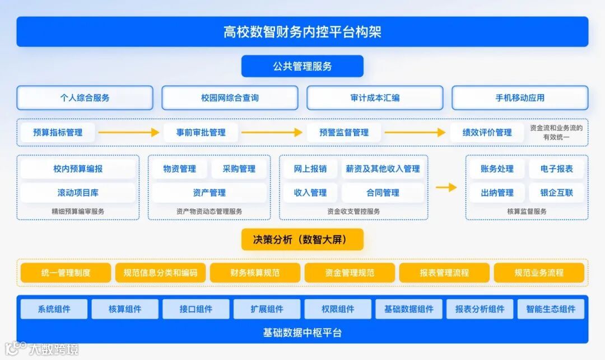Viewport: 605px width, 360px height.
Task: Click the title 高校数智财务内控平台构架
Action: pyautogui.click(x=302, y=31)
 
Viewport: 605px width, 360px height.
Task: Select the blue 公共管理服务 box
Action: pyautogui.click(x=302, y=66)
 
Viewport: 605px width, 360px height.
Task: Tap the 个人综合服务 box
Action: pyautogui.click(x=85, y=97)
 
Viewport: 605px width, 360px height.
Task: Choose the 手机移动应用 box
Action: pyautogui.click(x=520, y=97)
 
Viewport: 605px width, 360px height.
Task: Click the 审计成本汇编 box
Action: pyautogui.click(x=375, y=97)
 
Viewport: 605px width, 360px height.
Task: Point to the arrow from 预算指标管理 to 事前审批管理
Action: pyautogui.click(x=129, y=133)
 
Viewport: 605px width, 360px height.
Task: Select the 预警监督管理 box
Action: pyautogui.click(x=344, y=133)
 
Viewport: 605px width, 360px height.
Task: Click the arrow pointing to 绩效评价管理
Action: pyautogui.click(x=415, y=133)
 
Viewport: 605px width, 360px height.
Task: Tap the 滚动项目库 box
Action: pyautogui.click(x=78, y=193)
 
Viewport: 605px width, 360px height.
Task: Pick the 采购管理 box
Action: pyautogui.click(x=239, y=169)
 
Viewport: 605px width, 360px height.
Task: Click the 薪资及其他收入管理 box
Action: pyautogui.click(x=383, y=169)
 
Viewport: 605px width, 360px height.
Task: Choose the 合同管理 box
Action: pyautogui.click(x=383, y=193)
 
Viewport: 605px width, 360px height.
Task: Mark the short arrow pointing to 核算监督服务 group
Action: pyautogui.click(x=446, y=188)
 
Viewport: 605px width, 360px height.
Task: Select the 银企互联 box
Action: pyautogui.click(x=557, y=193)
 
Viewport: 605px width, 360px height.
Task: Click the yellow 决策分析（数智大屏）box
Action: pyautogui.click(x=302, y=240)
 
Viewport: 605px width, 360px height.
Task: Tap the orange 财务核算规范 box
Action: pyautogui.click(x=255, y=273)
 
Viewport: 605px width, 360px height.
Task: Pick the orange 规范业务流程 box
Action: pyautogui.click(x=539, y=273)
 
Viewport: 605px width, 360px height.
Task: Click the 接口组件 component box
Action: pyautogui.click(x=196, y=309)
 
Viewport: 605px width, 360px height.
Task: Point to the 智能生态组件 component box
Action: pyautogui.click(x=551, y=309)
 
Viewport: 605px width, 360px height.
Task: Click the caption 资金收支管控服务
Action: pyautogui.click(x=353, y=212)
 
